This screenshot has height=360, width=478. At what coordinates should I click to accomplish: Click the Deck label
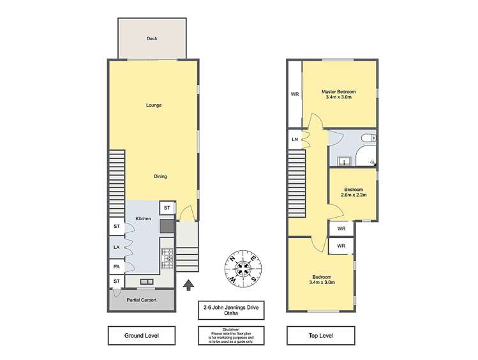tap(152, 39)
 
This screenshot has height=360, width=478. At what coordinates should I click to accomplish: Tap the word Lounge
tap(153, 105)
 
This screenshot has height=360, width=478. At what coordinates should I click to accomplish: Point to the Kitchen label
tap(142, 218)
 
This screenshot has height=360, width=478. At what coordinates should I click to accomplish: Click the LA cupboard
tap(116, 247)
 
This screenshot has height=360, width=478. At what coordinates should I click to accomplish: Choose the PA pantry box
tap(116, 266)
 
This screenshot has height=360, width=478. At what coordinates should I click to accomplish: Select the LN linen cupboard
tap(295, 139)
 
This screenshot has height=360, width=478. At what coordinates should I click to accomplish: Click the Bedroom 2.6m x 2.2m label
tap(353, 192)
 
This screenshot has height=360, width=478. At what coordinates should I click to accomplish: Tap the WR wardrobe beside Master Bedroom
tap(294, 94)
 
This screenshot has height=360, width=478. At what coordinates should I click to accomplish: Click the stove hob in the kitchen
tap(167, 256)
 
